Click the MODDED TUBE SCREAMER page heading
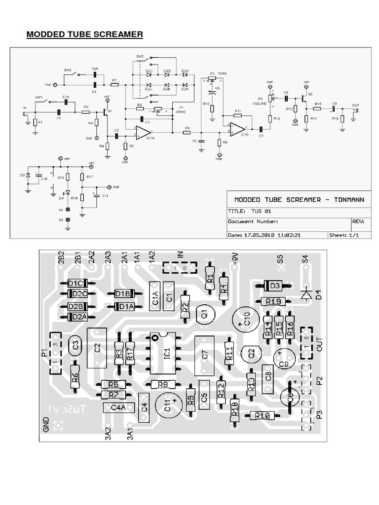pyautogui.click(x=84, y=34)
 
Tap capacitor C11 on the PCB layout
pyautogui.click(x=168, y=405)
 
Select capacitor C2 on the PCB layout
pyautogui.click(x=97, y=347)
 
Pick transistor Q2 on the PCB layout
pyautogui.click(x=251, y=353)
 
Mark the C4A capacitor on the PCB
pyautogui.click(x=118, y=407)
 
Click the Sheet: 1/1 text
pyautogui.click(x=343, y=235)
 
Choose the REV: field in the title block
pyautogui.click(x=359, y=222)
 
